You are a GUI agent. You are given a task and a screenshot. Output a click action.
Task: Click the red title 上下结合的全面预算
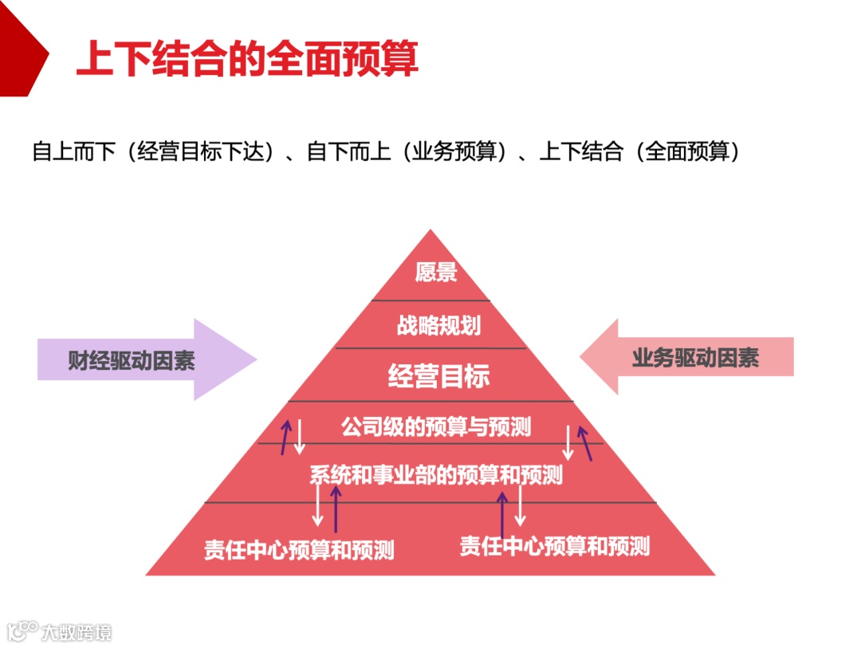pyautogui.click(x=247, y=59)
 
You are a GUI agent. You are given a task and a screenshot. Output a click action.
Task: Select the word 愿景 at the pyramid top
pyautogui.click(x=436, y=273)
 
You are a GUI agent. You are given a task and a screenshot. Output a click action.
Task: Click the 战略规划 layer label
pyautogui.click(x=438, y=325)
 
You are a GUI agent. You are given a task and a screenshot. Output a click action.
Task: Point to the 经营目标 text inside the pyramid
pyautogui.click(x=438, y=375)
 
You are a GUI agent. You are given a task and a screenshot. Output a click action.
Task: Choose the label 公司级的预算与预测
pyautogui.click(x=436, y=426)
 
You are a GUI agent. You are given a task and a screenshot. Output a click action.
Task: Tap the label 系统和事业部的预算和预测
pyautogui.click(x=436, y=474)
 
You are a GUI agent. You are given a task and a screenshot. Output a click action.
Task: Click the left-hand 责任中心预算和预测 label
pyautogui.click(x=298, y=550)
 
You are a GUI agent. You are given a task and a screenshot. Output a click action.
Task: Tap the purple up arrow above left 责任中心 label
pyautogui.click(x=336, y=509)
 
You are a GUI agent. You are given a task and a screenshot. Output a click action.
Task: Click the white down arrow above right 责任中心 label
pyautogui.click(x=520, y=506)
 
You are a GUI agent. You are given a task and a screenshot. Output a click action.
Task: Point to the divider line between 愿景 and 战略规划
pyautogui.click(x=431, y=300)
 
